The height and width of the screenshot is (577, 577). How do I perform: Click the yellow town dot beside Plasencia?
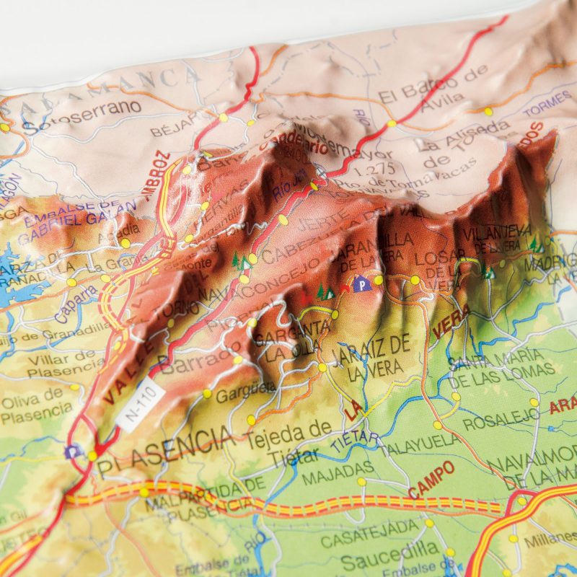click(x=92, y=456)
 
